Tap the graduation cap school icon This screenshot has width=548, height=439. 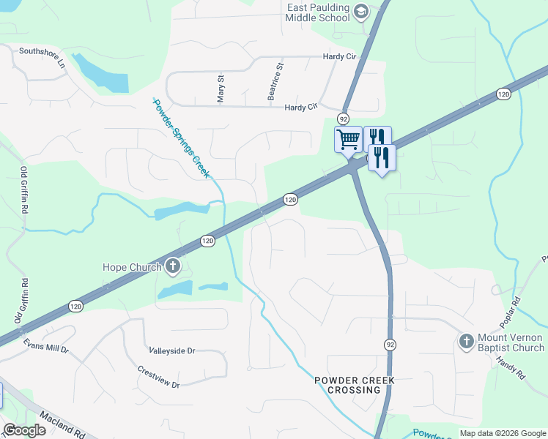pos(360,11)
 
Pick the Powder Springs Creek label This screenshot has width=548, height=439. pos(181,137)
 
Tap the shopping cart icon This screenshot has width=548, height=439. pos(349,138)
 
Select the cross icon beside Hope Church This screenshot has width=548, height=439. pos(173,266)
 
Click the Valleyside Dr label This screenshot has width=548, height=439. pos(171,351)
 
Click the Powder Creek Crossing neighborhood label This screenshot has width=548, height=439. pos(355,385)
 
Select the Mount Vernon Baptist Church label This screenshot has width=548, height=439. pos(509,342)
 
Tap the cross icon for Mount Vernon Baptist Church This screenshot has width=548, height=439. pos(465,341)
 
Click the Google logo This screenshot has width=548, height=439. pos(24,430)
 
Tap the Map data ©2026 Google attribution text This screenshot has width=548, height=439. pos(502,433)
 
